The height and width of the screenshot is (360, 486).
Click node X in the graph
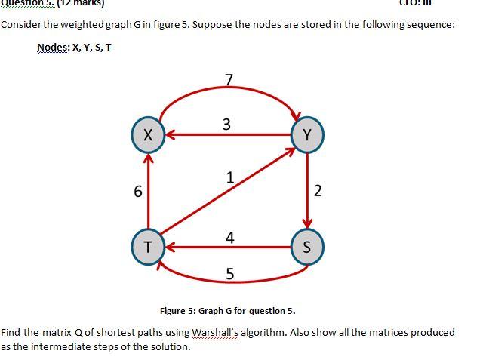click(148, 135)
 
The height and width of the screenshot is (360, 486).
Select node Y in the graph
click(306, 134)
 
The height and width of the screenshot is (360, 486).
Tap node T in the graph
click(148, 247)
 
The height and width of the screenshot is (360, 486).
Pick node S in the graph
click(306, 247)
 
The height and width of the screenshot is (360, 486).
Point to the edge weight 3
click(226, 124)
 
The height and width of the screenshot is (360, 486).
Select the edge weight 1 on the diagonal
click(230, 177)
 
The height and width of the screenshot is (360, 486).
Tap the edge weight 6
click(137, 192)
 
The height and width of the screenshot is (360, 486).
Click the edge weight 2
click(318, 191)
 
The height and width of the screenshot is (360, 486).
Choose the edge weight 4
click(229, 238)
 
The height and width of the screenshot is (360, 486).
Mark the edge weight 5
click(229, 273)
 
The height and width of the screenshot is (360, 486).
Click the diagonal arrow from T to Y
click(226, 192)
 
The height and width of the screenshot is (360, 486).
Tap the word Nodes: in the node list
click(53, 48)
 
